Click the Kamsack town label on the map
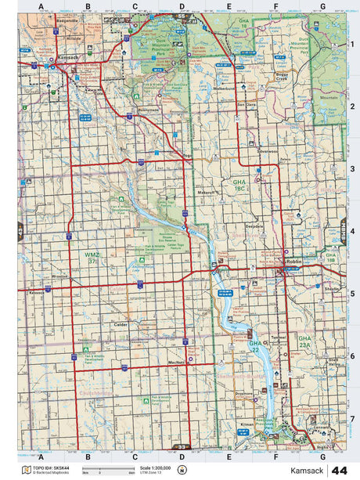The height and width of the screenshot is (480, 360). pos(70,59)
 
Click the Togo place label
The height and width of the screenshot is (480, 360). pos(186,155)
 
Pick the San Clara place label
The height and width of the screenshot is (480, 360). pos(247,104)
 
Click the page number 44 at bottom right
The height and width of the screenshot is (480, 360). pos(340,470)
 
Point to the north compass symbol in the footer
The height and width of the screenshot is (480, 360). pos(182,470)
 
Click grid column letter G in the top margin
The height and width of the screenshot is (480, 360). pos(322,7)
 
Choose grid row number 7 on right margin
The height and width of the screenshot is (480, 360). pos(352,418)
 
